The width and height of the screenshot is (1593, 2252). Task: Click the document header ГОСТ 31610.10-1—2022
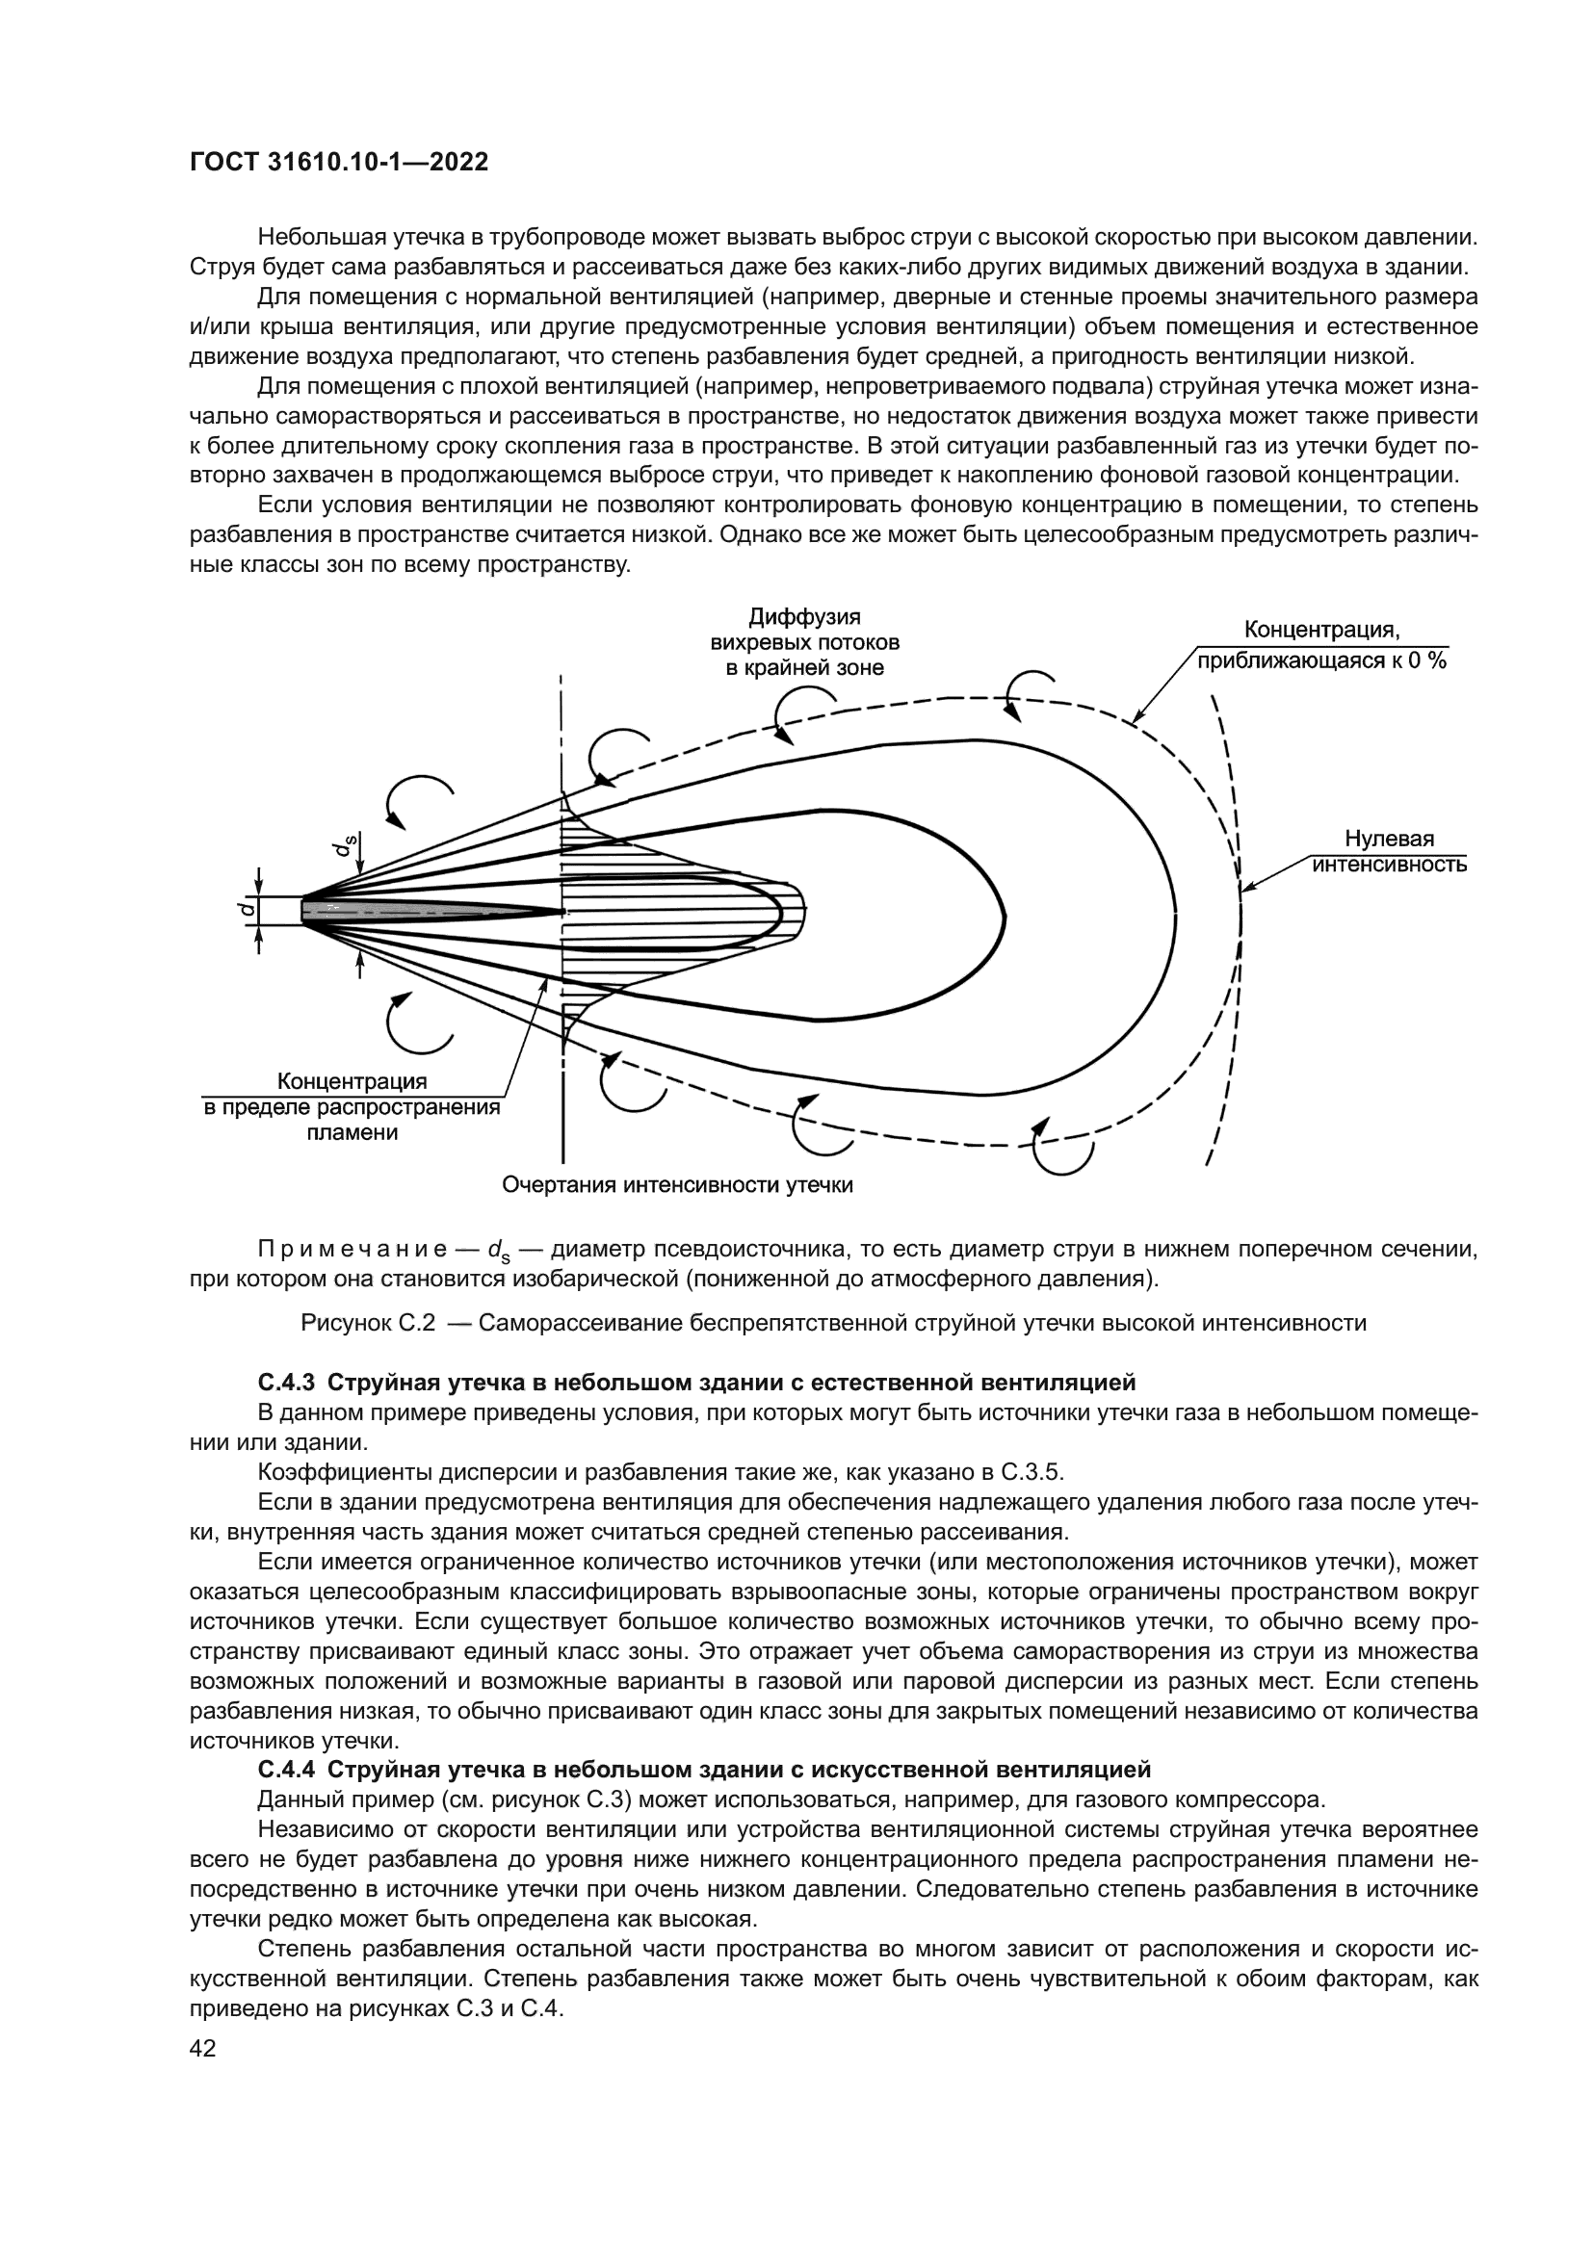click(x=338, y=163)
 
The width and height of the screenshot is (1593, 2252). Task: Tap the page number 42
click(x=202, y=2047)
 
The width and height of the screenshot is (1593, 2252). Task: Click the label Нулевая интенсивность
click(x=1389, y=851)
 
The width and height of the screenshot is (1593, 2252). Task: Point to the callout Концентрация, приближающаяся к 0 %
click(x=1321, y=645)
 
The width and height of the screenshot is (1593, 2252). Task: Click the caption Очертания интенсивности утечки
click(x=677, y=1185)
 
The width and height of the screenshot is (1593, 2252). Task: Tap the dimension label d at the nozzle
click(x=248, y=909)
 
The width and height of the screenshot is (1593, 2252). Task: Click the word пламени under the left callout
click(x=353, y=1133)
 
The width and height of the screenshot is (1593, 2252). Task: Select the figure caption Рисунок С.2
click(x=367, y=1323)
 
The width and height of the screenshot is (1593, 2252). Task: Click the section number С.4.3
click(x=285, y=1383)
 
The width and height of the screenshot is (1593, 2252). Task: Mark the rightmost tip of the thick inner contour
click(x=1004, y=918)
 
